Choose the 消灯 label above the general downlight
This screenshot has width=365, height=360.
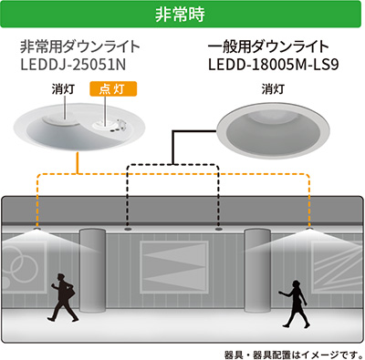[273, 89]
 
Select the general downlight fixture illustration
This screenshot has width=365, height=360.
[273, 126]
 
